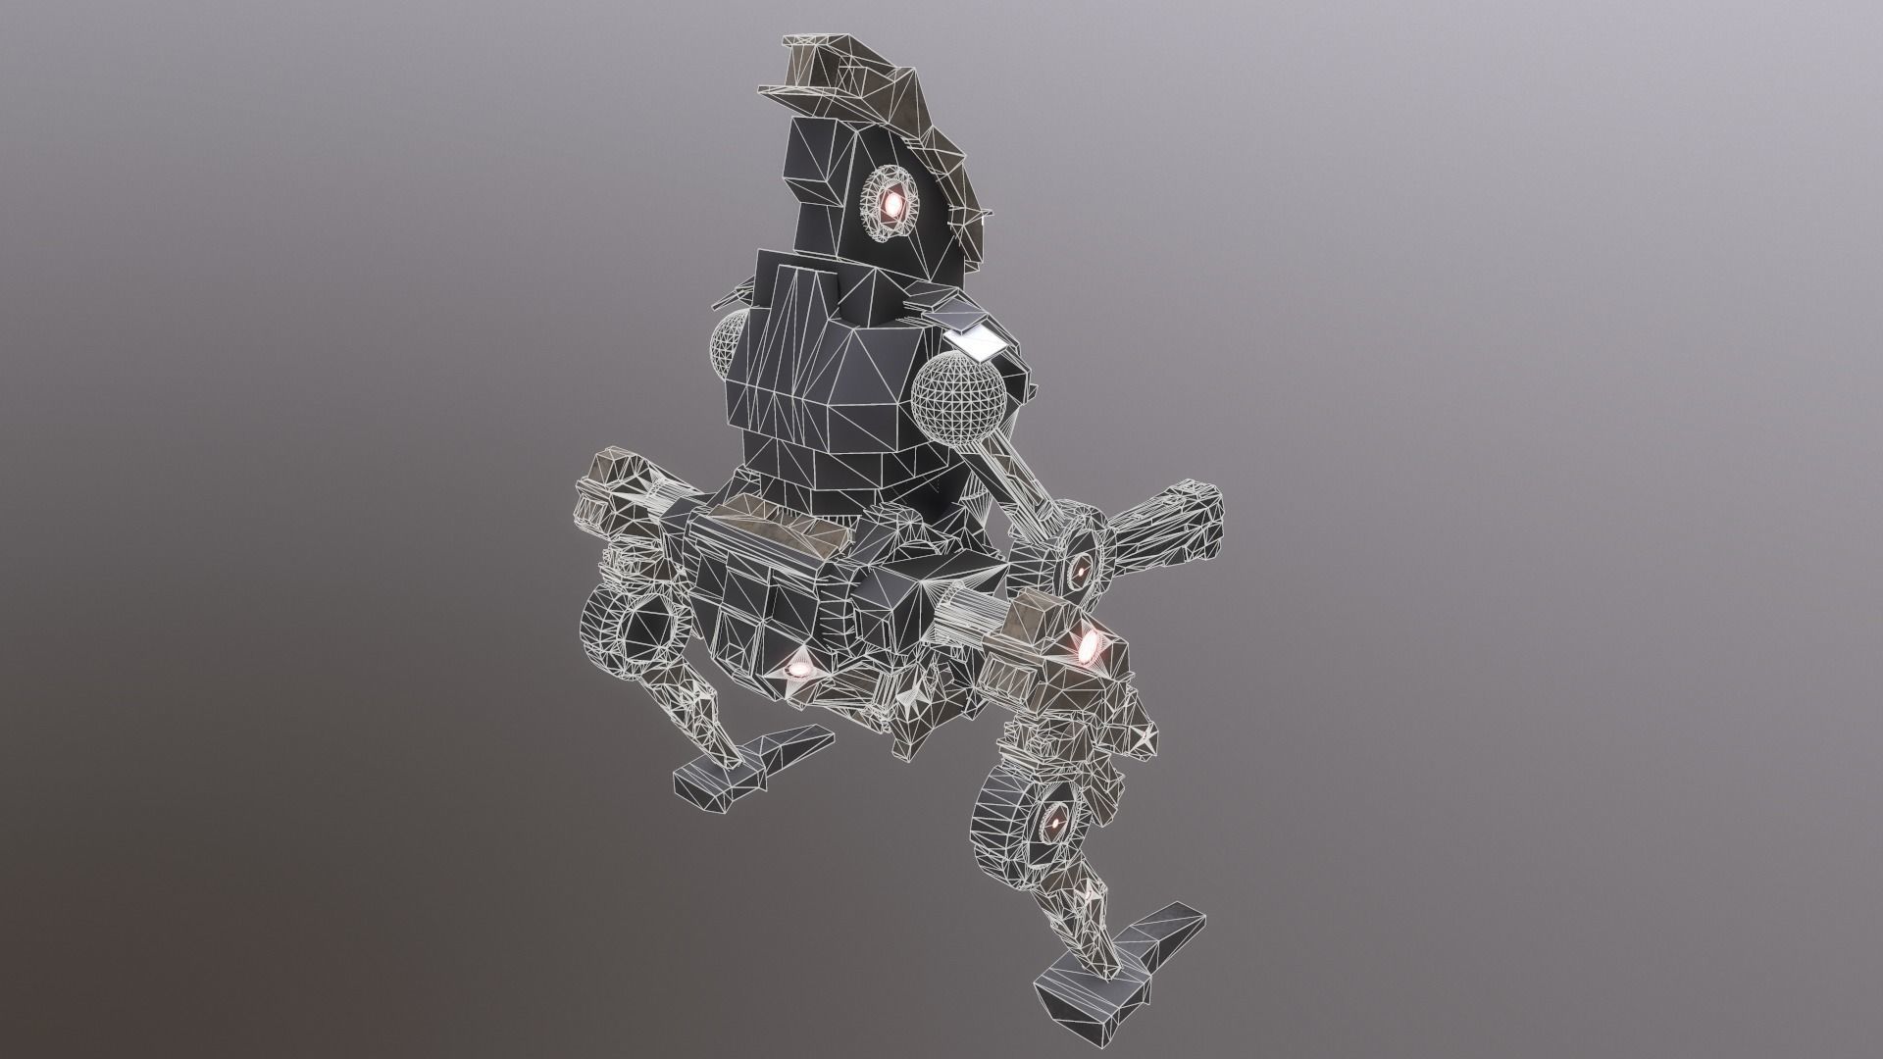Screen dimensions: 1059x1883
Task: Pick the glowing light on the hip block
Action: pyautogui.click(x=797, y=668)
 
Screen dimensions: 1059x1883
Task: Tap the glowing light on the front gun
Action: pyautogui.click(x=1089, y=645)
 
